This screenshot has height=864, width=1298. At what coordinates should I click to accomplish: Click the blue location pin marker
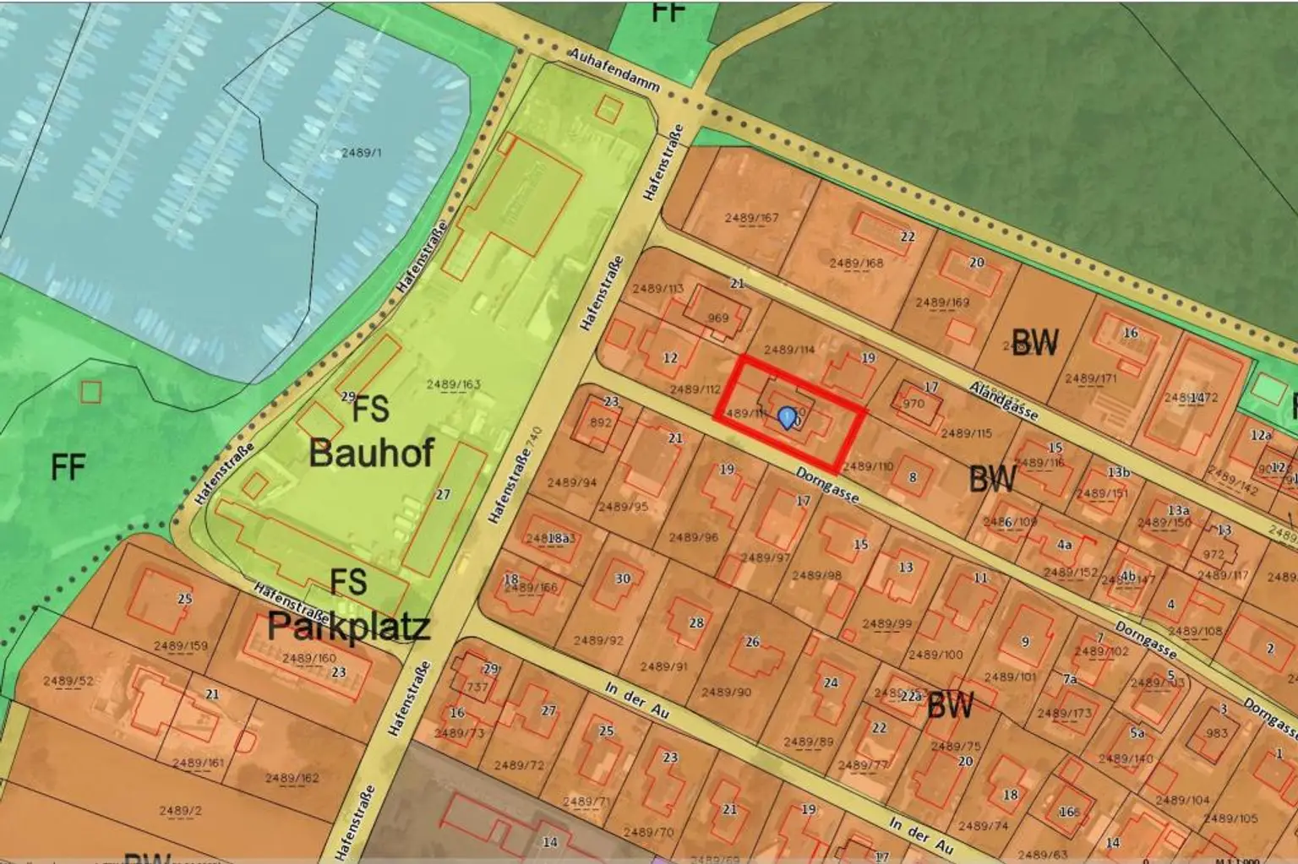[x=787, y=417]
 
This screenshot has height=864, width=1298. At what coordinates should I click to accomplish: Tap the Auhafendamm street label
[x=614, y=68]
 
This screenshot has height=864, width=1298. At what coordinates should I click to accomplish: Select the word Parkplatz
[x=348, y=626]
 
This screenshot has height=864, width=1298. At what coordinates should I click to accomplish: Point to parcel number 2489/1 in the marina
[x=361, y=153]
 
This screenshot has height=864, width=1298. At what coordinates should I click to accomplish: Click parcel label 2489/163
[x=453, y=384]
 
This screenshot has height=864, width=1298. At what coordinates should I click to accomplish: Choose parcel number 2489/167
[x=751, y=218]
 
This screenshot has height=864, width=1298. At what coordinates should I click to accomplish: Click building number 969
[x=717, y=318]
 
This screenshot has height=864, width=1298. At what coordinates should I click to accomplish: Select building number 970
[x=914, y=404]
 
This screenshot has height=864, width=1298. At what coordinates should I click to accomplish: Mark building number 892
[x=600, y=422]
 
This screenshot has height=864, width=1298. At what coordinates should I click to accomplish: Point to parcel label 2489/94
[x=571, y=483]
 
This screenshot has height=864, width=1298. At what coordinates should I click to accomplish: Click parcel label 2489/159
[x=180, y=646]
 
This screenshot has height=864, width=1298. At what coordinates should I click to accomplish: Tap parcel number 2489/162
[x=292, y=778]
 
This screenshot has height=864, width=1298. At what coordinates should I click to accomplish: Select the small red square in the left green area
[x=90, y=392]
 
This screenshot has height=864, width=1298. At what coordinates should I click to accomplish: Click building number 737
[x=477, y=687]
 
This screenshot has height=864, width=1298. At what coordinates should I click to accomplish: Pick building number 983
[x=1216, y=733]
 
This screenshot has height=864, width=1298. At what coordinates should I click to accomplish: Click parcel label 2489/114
[x=788, y=349]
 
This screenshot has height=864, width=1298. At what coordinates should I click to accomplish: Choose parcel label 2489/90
[x=727, y=692]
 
